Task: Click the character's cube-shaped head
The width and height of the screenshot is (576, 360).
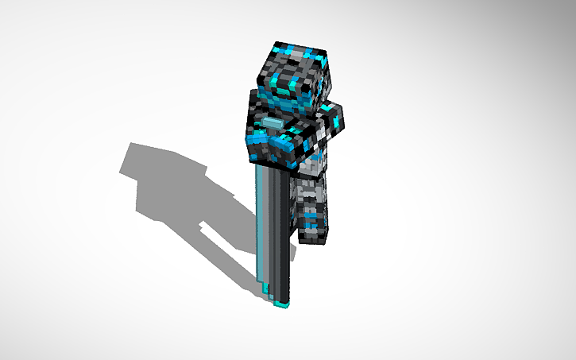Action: coord(292,75)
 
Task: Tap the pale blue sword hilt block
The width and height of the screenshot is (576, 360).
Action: coord(273,122)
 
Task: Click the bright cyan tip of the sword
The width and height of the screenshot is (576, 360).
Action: coord(280,303)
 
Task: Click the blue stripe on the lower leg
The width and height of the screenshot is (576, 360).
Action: coord(309,215)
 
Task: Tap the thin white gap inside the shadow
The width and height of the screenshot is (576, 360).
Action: coord(205,225)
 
